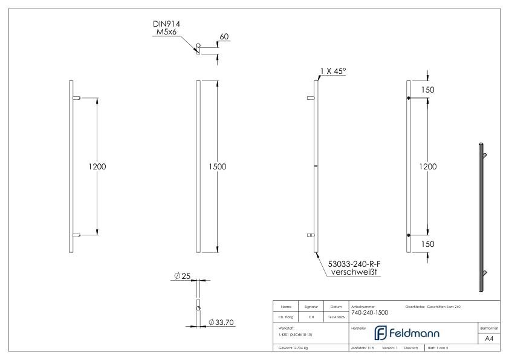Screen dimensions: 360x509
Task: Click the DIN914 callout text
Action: coord(166,24)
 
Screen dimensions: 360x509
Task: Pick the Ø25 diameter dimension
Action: coord(182,276)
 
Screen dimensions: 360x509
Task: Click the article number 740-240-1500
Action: coord(369,313)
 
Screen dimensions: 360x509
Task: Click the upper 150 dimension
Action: coord(428,90)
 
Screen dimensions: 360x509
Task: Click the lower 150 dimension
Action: coord(428,244)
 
